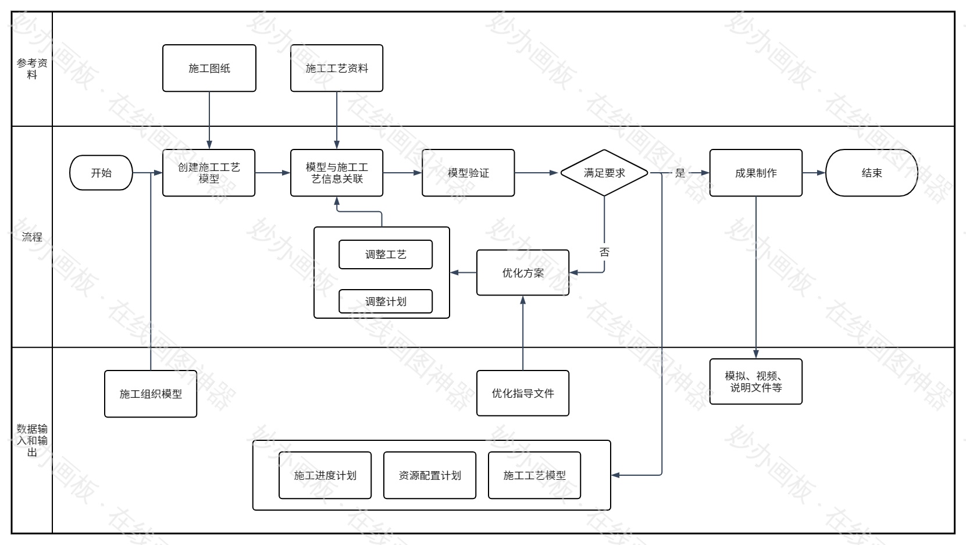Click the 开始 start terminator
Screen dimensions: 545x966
click(101, 173)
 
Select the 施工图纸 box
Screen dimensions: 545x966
click(209, 68)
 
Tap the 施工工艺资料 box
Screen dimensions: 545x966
click(337, 68)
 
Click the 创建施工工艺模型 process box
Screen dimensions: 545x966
click(209, 173)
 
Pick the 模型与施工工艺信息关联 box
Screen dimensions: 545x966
click(337, 173)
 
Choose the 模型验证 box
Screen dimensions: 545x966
click(468, 173)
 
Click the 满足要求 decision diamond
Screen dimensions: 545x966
click(604, 173)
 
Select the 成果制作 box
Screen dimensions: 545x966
click(755, 173)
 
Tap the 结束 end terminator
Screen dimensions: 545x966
click(871, 173)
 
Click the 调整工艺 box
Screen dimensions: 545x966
click(386, 254)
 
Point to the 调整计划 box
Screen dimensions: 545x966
click(386, 301)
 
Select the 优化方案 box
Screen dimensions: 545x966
click(523, 273)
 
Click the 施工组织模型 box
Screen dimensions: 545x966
click(151, 394)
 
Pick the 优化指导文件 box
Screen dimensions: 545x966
click(523, 393)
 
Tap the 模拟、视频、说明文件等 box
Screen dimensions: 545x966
click(755, 382)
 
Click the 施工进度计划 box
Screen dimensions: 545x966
click(325, 475)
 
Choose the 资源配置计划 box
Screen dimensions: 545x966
click(430, 475)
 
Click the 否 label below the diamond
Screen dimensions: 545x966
click(604, 252)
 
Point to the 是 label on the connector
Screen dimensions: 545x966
click(680, 173)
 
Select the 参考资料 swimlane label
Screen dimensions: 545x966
click(32, 69)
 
